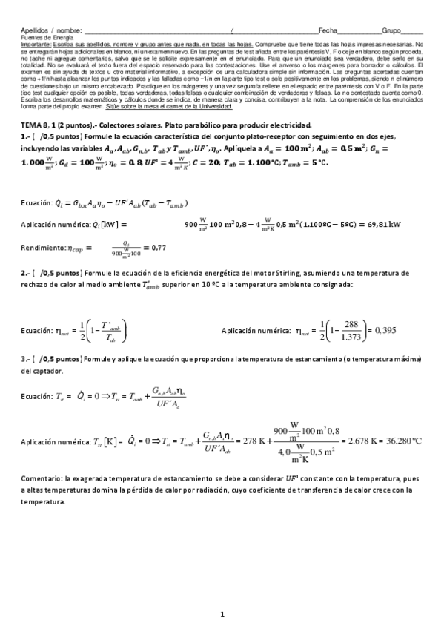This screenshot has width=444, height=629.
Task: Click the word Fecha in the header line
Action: pos(328,30)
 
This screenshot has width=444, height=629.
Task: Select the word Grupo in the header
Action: pos(391,30)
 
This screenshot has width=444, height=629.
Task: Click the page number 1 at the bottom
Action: pos(222,615)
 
